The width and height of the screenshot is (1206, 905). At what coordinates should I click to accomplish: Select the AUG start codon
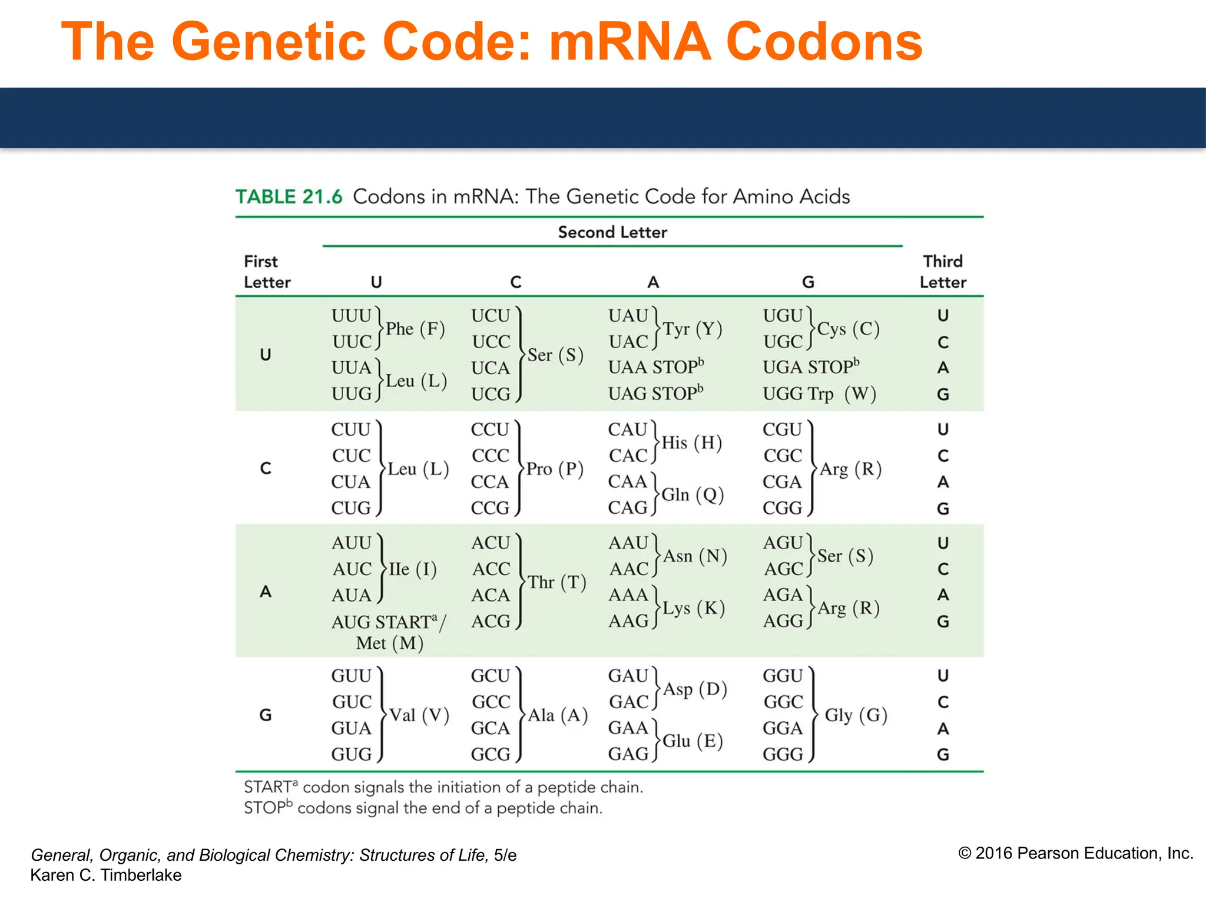pyautogui.click(x=352, y=622)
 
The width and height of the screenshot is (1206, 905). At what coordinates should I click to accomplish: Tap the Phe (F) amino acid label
pyautogui.click(x=415, y=329)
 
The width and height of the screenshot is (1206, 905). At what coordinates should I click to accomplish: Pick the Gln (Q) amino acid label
pyautogui.click(x=693, y=495)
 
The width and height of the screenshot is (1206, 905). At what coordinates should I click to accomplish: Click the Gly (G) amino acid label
pyautogui.click(x=856, y=715)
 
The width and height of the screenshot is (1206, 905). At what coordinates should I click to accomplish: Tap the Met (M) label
pyautogui.click(x=389, y=643)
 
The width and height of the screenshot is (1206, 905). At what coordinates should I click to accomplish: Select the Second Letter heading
pyautogui.click(x=612, y=232)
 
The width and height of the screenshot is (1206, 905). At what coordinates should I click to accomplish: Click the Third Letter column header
pyautogui.click(x=943, y=272)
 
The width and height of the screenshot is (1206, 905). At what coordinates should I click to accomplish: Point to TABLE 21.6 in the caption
pyautogui.click(x=289, y=197)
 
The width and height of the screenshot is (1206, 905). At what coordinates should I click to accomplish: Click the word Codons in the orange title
pyautogui.click(x=824, y=42)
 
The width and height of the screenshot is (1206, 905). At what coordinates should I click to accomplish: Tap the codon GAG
pyautogui.click(x=628, y=754)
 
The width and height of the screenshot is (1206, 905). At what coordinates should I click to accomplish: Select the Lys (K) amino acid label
pyautogui.click(x=693, y=608)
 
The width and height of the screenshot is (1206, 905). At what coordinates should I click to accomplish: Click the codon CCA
pyautogui.click(x=490, y=482)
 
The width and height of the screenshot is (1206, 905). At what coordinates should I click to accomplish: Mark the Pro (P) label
pyautogui.click(x=555, y=469)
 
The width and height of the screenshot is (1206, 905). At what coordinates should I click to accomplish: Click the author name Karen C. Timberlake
pyautogui.click(x=106, y=876)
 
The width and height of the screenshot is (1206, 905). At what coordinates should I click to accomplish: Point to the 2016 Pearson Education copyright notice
pyautogui.click(x=1075, y=853)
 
